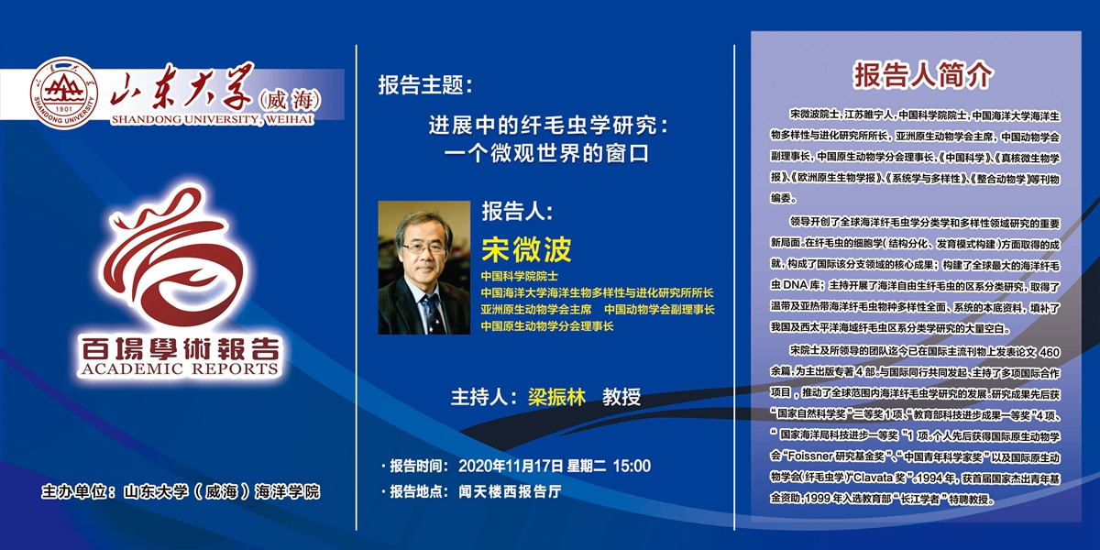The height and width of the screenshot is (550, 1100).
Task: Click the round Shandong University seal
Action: coord(64,93)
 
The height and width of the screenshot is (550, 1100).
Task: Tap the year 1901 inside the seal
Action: coord(64,109)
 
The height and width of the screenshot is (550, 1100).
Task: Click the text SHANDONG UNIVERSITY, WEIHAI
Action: coord(212,119)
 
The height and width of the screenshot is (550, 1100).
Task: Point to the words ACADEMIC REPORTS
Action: coord(181,368)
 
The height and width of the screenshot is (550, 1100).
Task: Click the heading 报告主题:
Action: coord(425,85)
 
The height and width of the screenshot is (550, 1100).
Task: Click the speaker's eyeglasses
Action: coord(423,248)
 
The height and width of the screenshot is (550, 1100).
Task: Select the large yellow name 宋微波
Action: coord(526,249)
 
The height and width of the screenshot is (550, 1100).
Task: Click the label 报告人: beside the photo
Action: coord(517,212)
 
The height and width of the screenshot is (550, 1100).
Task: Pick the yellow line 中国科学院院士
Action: coord(520,276)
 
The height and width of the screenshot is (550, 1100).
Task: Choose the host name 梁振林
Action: coord(557,397)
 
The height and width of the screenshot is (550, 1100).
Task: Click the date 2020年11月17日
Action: coord(511,466)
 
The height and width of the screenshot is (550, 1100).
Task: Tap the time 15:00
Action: coord(632,466)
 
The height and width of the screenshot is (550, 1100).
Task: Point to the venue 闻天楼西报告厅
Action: coord(511,491)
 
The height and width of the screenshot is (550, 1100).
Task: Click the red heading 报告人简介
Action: coord(923,76)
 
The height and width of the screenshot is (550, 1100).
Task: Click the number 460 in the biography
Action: coord(1050,353)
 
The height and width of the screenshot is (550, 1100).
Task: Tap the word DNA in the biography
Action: coord(795,285)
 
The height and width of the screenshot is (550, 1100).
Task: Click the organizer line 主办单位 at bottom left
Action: coord(181,491)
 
